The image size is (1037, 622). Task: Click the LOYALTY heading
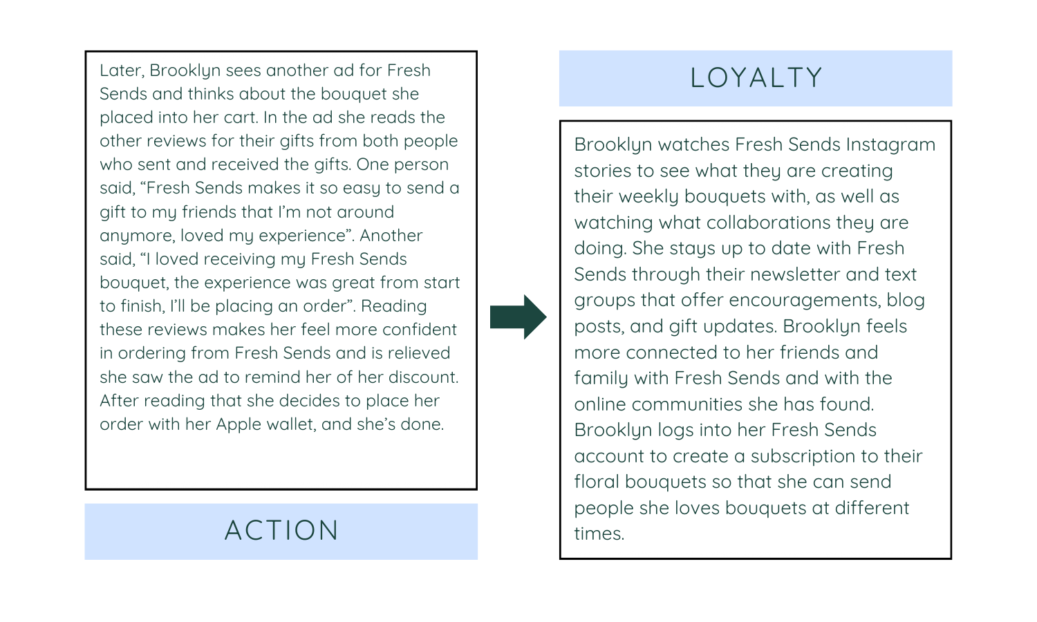756,78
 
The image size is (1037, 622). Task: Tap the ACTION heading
281,531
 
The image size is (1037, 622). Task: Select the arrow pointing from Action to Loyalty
518,317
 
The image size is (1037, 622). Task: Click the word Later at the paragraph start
121,70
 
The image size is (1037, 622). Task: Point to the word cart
239,117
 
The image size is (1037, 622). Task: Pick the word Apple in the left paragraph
240,424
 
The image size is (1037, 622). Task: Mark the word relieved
418,353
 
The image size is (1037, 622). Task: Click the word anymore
137,236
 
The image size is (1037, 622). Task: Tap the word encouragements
804,300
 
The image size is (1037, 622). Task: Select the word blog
906,300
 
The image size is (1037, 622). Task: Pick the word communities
700,404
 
